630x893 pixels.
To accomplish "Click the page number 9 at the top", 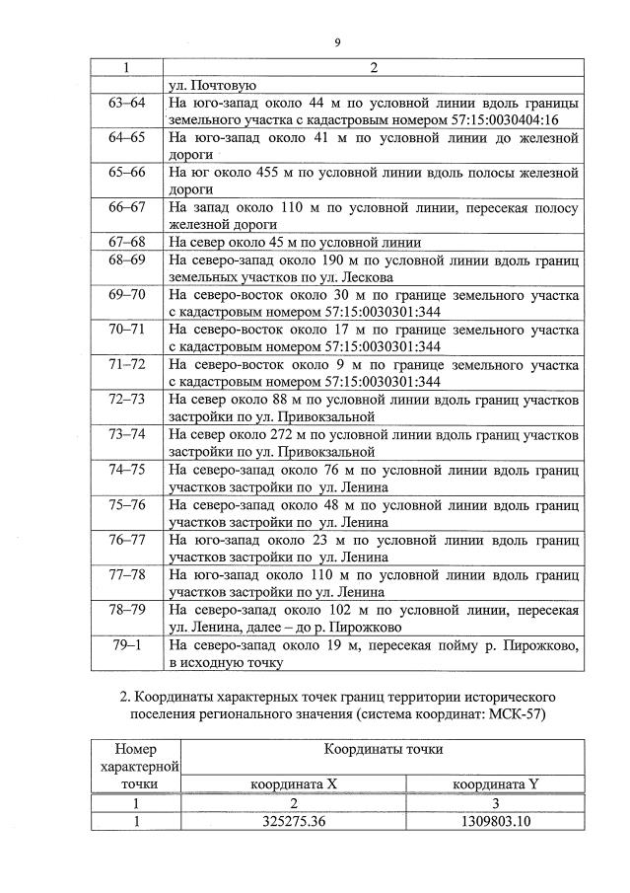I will point(337,42).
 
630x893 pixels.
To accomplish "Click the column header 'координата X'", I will point(295,783).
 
